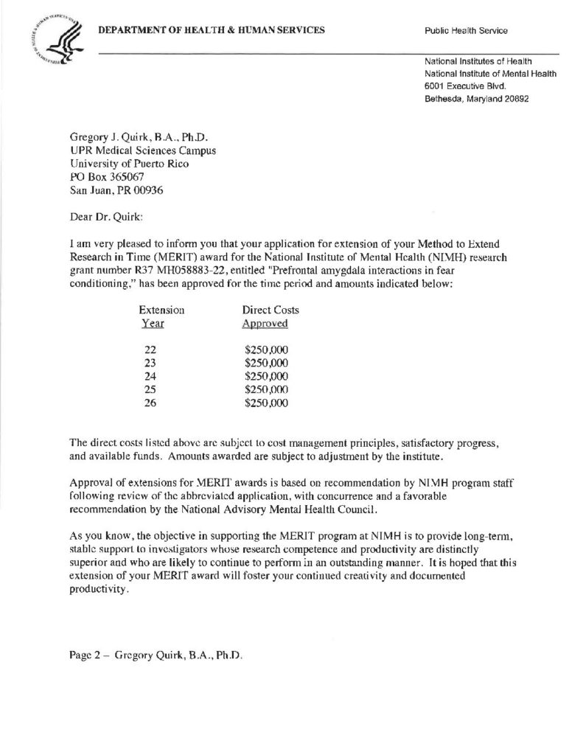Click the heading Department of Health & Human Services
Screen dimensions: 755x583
click(212, 29)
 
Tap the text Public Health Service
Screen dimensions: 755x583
click(466, 31)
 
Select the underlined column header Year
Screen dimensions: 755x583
click(152, 324)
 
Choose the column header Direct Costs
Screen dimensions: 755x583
click(270, 310)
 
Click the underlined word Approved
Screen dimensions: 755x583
click(265, 324)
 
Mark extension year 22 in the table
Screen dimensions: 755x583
click(152, 349)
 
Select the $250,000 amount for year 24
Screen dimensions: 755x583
click(266, 376)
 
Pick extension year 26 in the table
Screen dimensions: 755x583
click(152, 403)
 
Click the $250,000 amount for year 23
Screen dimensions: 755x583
click(266, 363)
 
